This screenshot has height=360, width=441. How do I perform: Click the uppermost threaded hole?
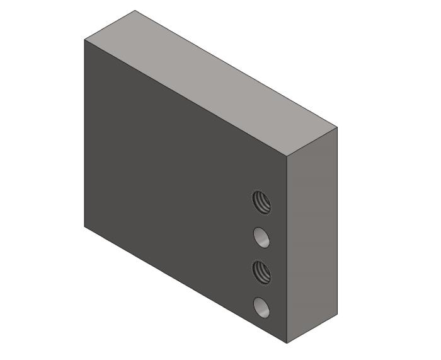tap(262, 202)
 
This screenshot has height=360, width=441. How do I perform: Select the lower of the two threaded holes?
tap(262, 272)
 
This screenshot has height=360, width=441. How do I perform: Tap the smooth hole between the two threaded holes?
tap(262, 237)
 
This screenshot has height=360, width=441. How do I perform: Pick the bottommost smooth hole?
tap(262, 307)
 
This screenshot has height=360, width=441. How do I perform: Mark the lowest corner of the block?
tap(287, 344)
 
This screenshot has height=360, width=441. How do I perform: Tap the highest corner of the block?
tap(135, 10)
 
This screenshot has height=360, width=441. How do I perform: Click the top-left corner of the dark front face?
tap(84, 40)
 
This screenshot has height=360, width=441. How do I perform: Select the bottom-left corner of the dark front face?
tap(84, 226)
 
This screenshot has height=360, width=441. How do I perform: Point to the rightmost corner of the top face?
tap(337, 127)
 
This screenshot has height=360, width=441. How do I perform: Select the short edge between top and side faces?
tap(312, 142)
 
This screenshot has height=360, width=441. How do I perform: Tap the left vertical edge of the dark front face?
tap(84, 132)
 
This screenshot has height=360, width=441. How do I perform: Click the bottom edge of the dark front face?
tap(186, 285)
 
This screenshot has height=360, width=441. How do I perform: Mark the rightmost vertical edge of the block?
tap(337, 221)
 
